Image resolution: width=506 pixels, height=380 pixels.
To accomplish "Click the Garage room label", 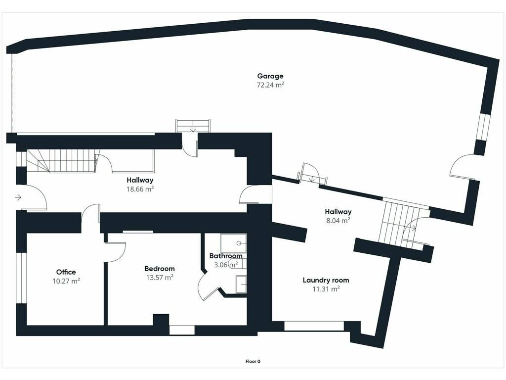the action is [x=270, y=76].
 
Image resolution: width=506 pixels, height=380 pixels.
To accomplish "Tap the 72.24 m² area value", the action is [x=270, y=85].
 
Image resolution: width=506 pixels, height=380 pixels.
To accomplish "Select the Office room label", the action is [x=66, y=272].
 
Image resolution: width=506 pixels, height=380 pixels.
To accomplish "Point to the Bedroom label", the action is [x=160, y=269].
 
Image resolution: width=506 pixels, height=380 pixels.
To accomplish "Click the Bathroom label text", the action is [x=226, y=256].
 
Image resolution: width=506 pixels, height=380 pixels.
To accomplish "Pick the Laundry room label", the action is [x=326, y=280].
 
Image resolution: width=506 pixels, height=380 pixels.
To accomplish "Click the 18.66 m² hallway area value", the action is [x=140, y=189].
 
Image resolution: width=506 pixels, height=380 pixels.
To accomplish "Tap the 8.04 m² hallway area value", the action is [x=337, y=221].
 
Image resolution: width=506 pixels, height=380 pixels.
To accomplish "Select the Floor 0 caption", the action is [x=253, y=362].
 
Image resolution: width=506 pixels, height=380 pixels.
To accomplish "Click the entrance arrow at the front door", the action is [x=18, y=197].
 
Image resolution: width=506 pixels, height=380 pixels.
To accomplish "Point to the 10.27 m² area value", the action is [x=66, y=281].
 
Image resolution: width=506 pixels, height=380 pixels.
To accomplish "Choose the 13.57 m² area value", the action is [x=160, y=277].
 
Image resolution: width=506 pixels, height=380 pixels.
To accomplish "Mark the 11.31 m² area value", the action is [x=326, y=289].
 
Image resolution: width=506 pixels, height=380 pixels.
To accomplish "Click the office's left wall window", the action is [x=21, y=278].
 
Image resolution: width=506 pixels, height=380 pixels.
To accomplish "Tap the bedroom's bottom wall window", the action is [x=182, y=330].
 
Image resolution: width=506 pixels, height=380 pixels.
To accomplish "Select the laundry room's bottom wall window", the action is [x=314, y=326].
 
